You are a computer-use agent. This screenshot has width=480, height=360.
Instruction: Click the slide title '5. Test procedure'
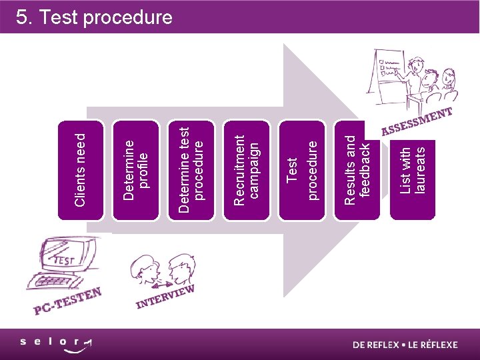[94, 17]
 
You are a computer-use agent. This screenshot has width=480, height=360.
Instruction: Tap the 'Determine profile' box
[137, 169]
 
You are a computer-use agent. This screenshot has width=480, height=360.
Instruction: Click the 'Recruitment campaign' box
[249, 169]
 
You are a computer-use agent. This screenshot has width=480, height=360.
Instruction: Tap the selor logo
[56, 343]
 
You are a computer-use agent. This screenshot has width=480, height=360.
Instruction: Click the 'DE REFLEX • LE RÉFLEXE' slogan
[405, 345]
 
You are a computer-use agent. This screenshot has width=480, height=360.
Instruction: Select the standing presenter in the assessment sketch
[417, 75]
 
